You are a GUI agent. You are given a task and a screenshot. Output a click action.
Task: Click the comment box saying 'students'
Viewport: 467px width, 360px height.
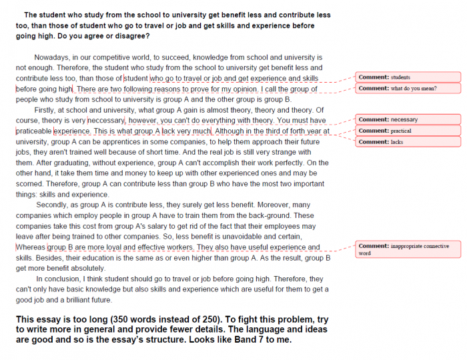[x=407, y=77]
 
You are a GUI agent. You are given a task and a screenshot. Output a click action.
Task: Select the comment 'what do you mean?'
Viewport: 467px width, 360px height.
[x=407, y=88]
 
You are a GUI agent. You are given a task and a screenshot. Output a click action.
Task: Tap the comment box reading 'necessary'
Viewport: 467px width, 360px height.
[x=407, y=120]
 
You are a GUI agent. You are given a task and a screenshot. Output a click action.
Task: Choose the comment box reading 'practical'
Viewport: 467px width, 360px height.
[x=407, y=131]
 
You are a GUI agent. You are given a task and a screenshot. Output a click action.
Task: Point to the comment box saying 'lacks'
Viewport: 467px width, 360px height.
[x=407, y=142]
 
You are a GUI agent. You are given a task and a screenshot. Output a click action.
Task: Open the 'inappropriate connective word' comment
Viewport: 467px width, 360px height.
[x=407, y=249]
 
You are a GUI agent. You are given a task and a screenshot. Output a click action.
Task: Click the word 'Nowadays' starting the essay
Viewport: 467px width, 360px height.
[x=51, y=58]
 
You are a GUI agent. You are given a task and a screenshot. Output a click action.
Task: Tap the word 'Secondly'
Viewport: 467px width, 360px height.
[x=53, y=205]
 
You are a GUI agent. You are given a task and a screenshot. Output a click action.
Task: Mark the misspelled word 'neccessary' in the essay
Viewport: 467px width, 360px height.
[x=106, y=121]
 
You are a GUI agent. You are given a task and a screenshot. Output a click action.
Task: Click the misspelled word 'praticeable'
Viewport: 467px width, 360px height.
[x=33, y=131]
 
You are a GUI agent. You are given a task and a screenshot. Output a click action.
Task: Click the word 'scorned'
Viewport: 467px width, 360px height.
[x=29, y=184]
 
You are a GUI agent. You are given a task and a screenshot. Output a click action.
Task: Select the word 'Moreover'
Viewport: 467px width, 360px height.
[x=258, y=205]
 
